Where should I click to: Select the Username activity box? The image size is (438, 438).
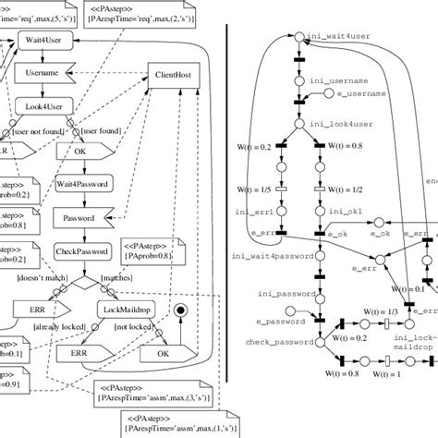pyautogui.click(x=42, y=73)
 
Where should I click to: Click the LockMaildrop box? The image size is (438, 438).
pyautogui.click(x=126, y=311)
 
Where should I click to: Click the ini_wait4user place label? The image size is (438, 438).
pyautogui.click(x=342, y=36)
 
